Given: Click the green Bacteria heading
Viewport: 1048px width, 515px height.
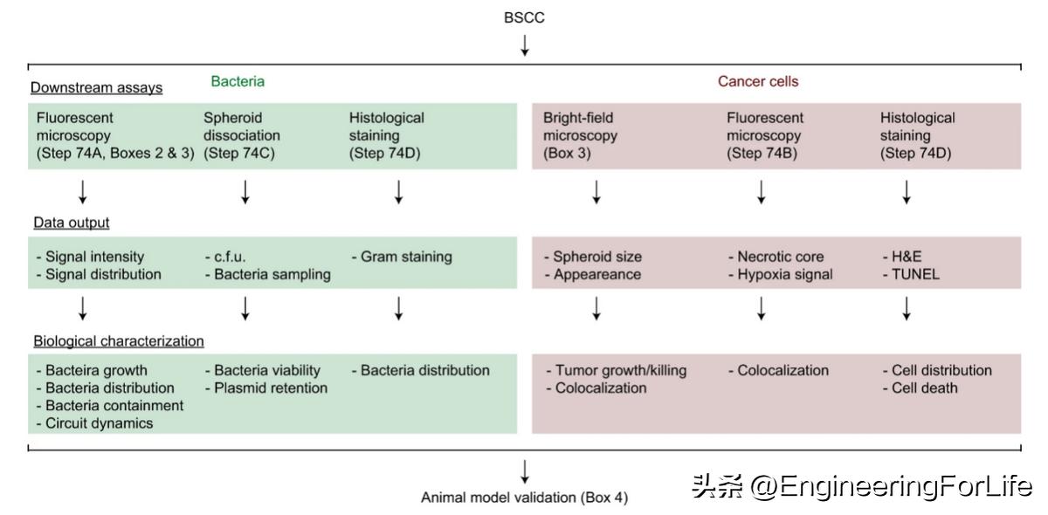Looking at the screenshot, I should tap(237, 81).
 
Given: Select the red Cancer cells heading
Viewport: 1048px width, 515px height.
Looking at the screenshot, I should tap(757, 81).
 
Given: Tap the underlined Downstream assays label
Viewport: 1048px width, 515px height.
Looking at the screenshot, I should tap(96, 87).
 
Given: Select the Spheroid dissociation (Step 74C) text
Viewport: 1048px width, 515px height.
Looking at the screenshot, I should tap(242, 135).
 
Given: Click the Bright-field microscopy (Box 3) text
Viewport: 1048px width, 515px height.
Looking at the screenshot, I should tap(580, 135).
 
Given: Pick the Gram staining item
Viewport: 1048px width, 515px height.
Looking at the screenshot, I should tap(402, 257).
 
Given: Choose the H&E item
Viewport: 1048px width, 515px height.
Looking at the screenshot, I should tap(902, 257).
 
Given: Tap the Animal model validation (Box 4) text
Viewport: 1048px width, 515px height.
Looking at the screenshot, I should tap(524, 498).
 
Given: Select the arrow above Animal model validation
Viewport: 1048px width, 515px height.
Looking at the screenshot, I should tap(524, 471).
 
